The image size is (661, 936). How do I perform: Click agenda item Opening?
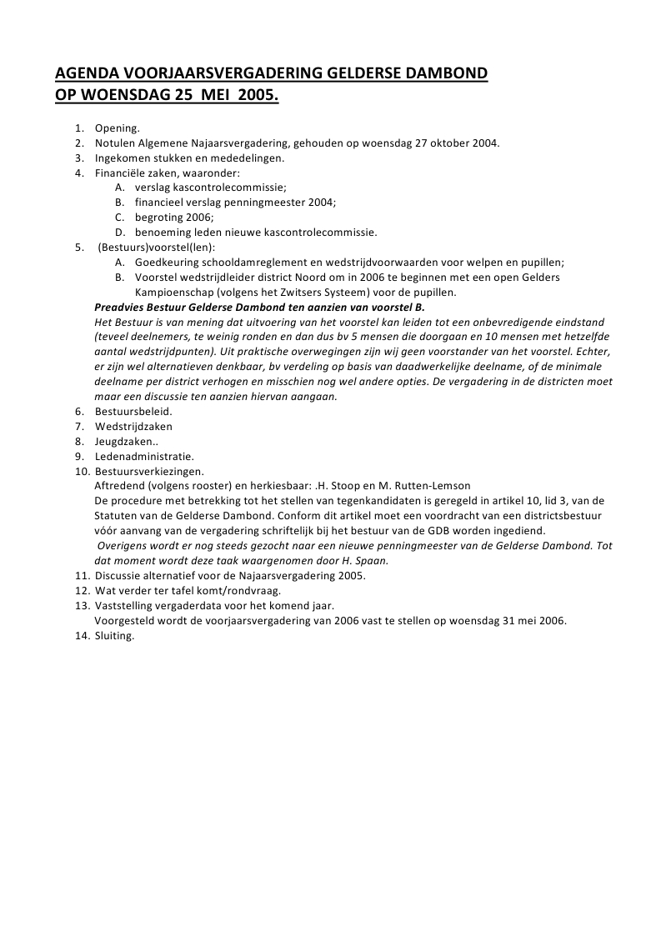point(117,128)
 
